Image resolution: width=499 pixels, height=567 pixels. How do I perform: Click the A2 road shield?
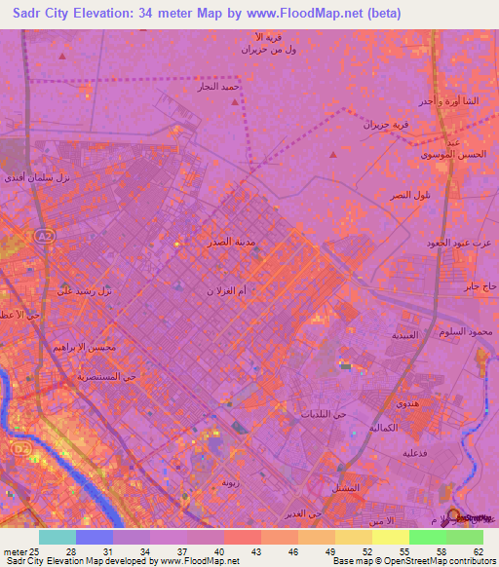point(43,237)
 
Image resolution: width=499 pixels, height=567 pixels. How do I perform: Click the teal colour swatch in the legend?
point(58,537)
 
